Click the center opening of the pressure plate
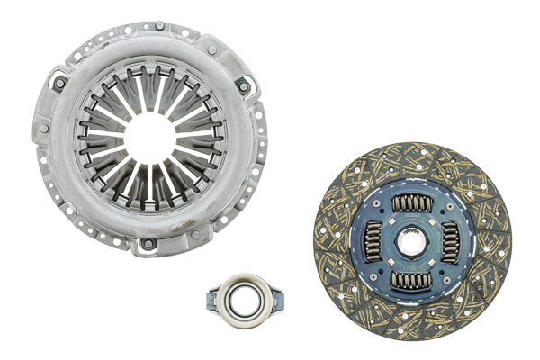(150, 136)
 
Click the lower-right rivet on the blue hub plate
(444, 268)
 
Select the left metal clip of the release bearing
(213, 294)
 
